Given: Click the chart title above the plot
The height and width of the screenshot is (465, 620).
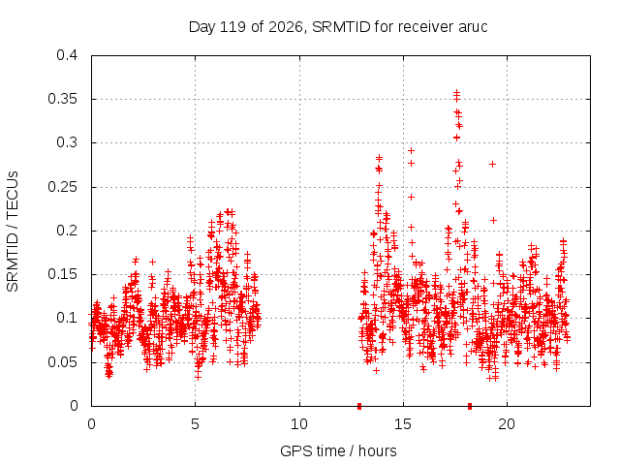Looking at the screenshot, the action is (338, 27).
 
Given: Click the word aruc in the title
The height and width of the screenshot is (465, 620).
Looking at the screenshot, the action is (473, 27).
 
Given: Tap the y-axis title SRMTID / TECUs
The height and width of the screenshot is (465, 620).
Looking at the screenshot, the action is (13, 232).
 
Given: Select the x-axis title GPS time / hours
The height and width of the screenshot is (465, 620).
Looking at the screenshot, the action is (338, 450).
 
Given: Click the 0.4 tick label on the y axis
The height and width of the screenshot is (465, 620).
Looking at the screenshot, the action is (67, 55).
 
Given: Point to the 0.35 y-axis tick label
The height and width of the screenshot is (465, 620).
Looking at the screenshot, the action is (62, 99).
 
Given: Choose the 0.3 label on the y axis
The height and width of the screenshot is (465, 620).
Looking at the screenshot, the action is (67, 142).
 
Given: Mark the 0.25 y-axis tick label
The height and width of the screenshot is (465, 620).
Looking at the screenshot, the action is (62, 187).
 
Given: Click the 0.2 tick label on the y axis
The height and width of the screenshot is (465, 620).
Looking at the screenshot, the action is (67, 231).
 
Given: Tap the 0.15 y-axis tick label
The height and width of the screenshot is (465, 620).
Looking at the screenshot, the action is (62, 274).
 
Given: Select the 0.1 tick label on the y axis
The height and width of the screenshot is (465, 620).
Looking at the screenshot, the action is (67, 318).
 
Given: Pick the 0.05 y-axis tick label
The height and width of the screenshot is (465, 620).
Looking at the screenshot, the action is (62, 361).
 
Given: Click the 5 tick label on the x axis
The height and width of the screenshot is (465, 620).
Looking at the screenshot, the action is (195, 424).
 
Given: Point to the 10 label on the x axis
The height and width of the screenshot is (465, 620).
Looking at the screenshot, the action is (299, 424).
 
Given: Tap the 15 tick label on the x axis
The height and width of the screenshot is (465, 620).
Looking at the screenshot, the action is (403, 424).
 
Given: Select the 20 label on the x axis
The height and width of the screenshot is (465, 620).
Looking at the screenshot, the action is (507, 424).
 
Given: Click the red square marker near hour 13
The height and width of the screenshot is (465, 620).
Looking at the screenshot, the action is (359, 406).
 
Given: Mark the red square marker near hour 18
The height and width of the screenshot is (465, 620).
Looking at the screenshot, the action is (470, 406).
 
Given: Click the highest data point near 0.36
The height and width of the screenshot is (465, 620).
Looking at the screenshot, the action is (456, 92).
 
